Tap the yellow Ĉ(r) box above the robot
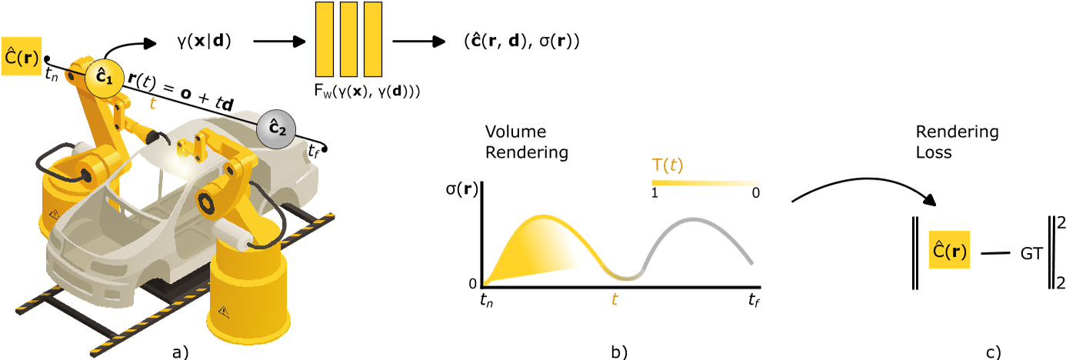(x=22, y=56)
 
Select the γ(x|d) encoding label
(x=202, y=41)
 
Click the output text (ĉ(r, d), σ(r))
(x=521, y=42)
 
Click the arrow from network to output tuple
(x=420, y=41)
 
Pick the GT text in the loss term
(x=1032, y=252)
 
